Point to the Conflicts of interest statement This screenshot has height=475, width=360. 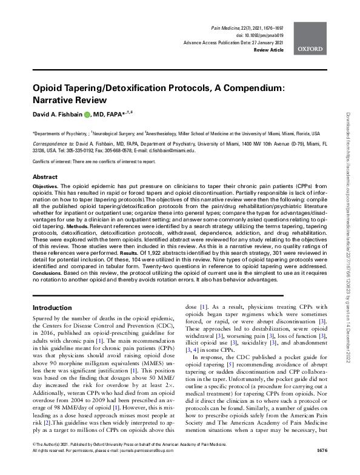pyautogui.click(x=85, y=162)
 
